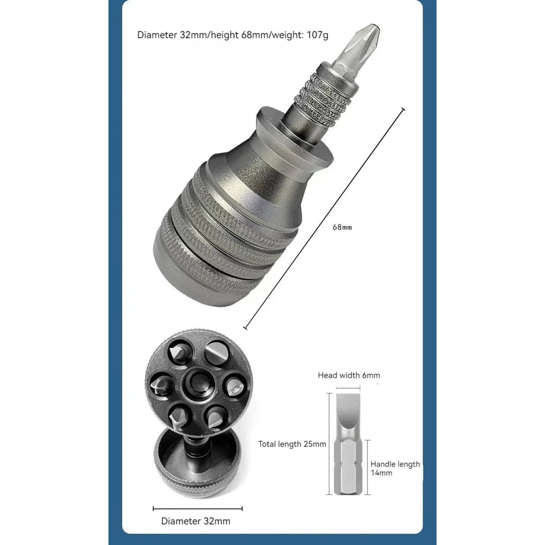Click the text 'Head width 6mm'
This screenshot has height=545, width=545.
(349, 375)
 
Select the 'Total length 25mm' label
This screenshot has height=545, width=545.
(292, 444)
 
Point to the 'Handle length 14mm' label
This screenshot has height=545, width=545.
(395, 469)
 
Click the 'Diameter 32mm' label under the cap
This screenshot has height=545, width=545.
(196, 521)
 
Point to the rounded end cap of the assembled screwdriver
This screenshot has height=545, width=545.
(180, 272)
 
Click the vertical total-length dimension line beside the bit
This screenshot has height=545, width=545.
(330, 444)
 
